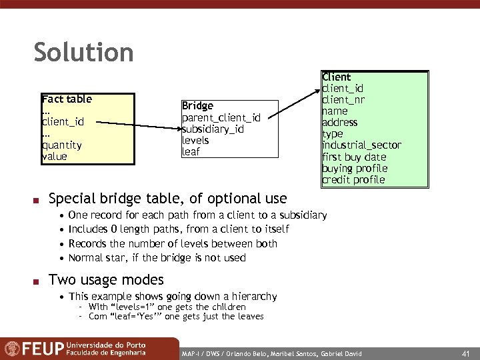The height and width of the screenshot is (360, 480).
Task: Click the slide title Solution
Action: (83, 53)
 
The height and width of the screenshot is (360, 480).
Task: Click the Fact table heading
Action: (67, 99)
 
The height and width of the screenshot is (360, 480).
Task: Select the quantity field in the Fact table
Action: (61, 145)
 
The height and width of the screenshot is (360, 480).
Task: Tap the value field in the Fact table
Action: (54, 157)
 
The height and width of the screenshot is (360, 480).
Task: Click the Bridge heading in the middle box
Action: (197, 106)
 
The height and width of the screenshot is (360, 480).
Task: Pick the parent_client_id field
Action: (221, 118)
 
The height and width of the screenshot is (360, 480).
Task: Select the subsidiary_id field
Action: (213, 129)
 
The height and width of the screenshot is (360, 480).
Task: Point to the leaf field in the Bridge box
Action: (191, 152)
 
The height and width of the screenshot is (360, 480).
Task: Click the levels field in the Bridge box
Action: (195, 141)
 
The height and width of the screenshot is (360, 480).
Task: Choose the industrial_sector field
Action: (361, 145)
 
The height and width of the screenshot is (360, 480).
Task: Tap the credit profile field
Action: (353, 180)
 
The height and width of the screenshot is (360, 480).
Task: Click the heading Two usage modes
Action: (106, 280)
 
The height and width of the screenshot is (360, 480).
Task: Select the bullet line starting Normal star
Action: (157, 258)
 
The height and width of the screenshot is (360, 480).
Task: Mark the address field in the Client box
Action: (340, 123)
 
